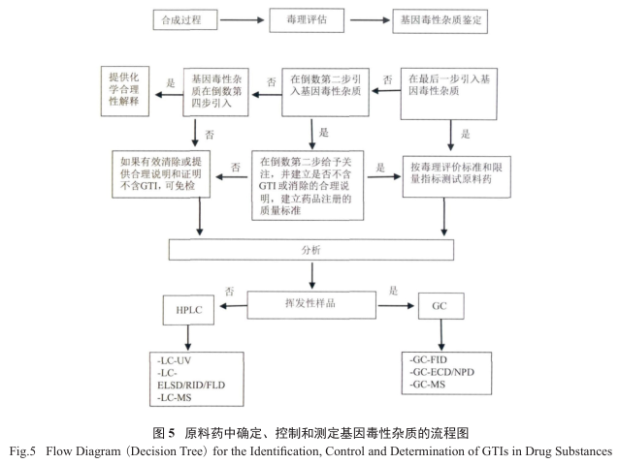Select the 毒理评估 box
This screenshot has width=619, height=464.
pos(297,18)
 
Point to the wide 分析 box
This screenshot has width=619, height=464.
pos(309,249)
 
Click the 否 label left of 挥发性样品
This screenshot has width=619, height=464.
pos(229,290)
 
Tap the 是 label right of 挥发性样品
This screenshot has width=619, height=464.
pos(394,290)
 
